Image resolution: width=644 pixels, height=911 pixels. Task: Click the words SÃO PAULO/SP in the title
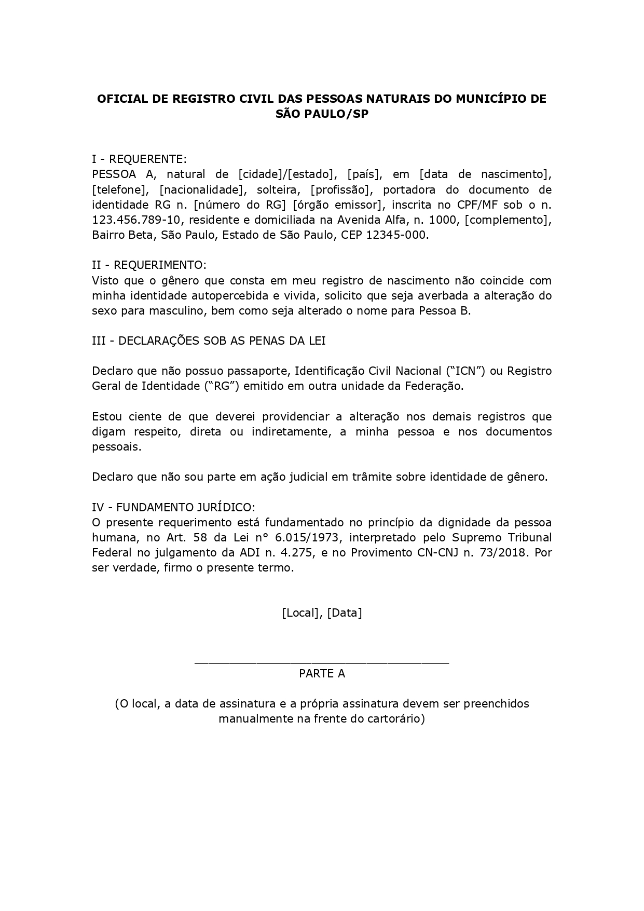pos(322,114)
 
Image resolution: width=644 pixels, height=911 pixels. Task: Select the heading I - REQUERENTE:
pos(139,159)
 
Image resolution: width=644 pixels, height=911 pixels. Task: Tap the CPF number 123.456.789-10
pos(136,220)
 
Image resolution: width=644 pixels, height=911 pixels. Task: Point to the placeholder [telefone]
pos(120,189)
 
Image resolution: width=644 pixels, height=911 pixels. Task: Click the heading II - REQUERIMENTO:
pos(149,265)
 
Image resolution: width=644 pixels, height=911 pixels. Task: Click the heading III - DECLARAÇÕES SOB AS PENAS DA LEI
pos(209,341)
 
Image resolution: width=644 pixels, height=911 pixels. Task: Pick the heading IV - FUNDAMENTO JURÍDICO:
pos(173,507)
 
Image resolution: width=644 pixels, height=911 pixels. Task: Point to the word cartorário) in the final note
pos(397,719)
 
